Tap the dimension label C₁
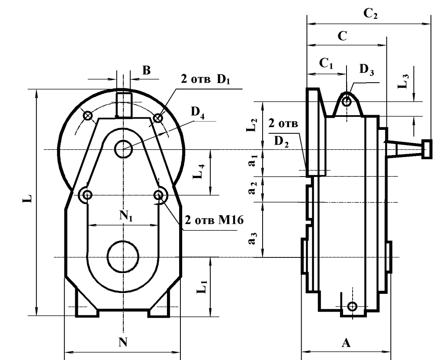327,64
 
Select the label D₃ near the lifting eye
366,71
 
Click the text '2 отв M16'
214,220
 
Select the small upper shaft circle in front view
123,149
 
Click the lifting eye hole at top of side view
346,102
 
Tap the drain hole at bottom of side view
353,307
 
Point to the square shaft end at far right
427,149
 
